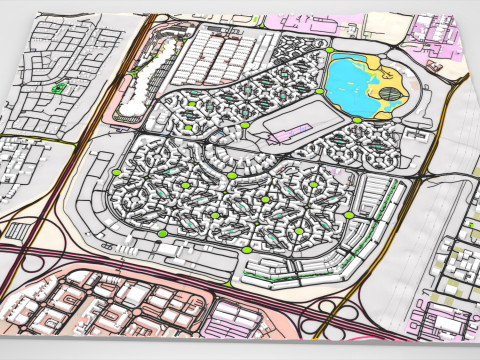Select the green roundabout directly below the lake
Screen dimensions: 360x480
[x=357, y=121]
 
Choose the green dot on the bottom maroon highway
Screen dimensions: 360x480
[x=228, y=285]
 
